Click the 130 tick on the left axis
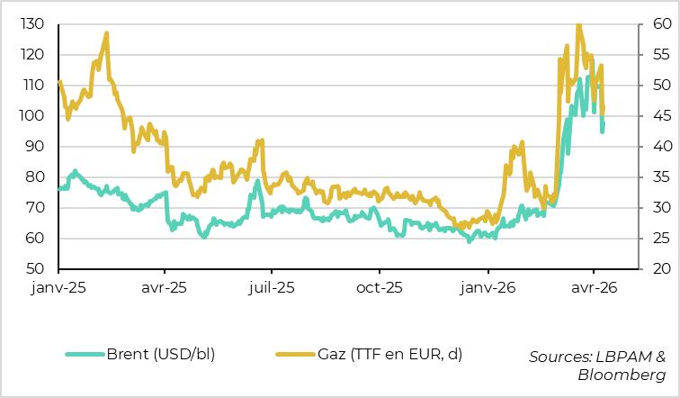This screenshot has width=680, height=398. pyautogui.click(x=33, y=23)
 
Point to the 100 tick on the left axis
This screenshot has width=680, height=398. pyautogui.click(x=33, y=115)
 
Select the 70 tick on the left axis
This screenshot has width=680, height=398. pyautogui.click(x=37, y=207)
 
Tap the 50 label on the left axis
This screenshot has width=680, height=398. pyautogui.click(x=37, y=268)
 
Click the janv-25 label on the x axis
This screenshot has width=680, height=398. pyautogui.click(x=58, y=290)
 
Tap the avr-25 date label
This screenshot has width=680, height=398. pyautogui.click(x=166, y=290)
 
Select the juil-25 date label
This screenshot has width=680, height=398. pyautogui.click(x=272, y=290)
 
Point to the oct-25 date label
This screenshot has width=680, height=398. pyautogui.click(x=380, y=290)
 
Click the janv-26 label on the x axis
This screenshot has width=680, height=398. pyautogui.click(x=488, y=290)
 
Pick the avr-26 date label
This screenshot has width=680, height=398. pyautogui.click(x=595, y=290)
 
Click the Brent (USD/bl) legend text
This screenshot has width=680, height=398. pyautogui.click(x=160, y=353)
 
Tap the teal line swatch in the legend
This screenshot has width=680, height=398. pyautogui.click(x=85, y=353)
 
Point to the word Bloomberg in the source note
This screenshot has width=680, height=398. pyautogui.click(x=622, y=374)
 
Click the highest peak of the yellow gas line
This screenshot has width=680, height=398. pyautogui.click(x=578, y=24)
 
